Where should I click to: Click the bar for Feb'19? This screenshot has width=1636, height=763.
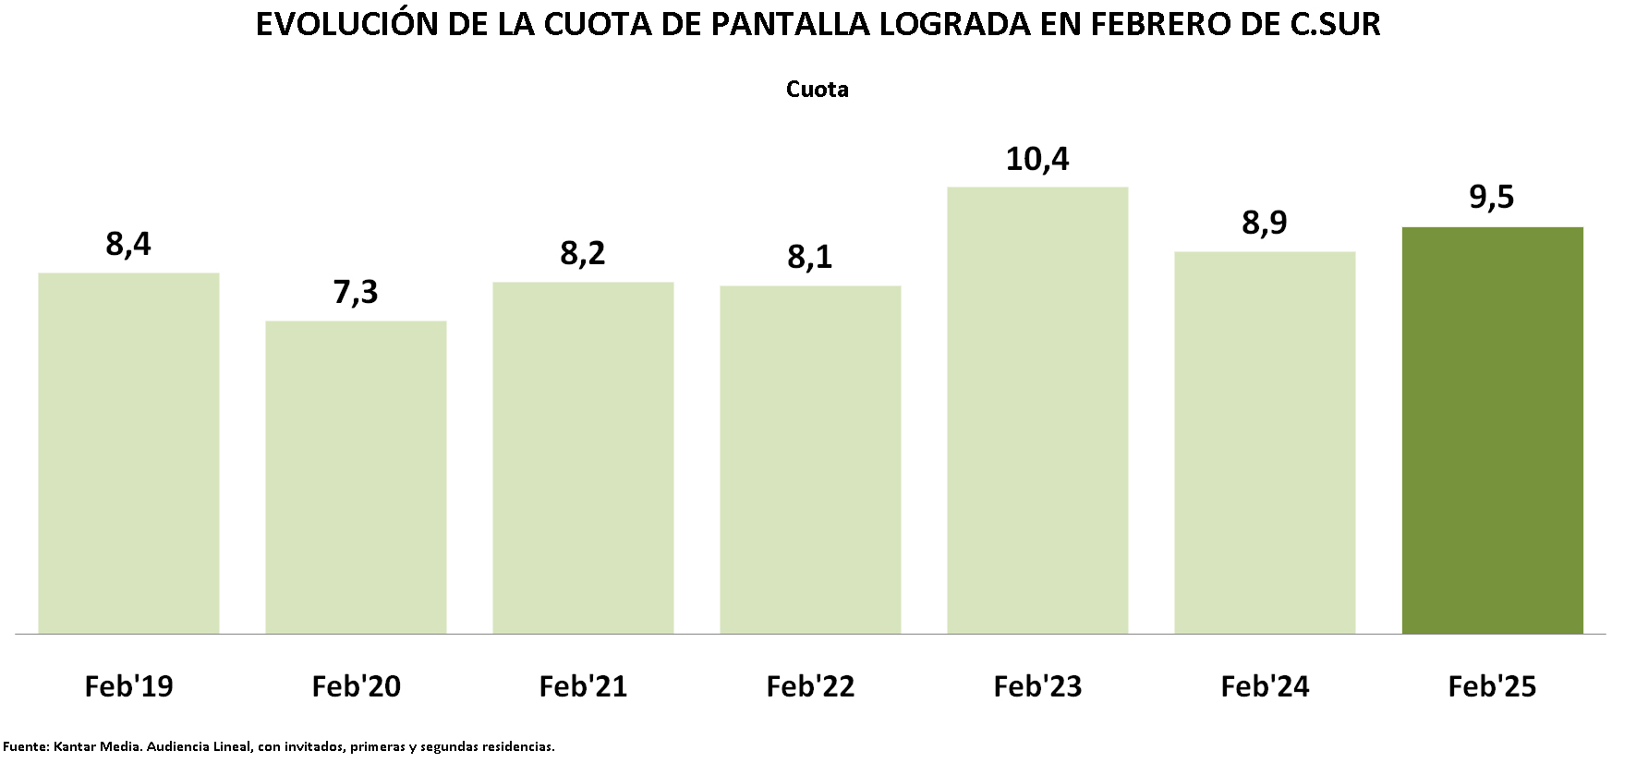128,453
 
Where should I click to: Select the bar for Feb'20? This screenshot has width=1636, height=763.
356,477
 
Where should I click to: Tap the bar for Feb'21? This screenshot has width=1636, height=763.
583,457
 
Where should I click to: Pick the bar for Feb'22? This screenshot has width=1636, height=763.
810,459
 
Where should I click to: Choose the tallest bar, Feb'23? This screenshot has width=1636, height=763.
1037,410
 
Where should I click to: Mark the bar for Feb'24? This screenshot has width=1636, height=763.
1265,442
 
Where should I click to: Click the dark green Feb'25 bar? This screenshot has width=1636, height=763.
1492,430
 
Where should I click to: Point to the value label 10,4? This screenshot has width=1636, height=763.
1037,159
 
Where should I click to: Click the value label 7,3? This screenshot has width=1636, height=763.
356,292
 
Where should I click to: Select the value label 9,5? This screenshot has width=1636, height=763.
1492,197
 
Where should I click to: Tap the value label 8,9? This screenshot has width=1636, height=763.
1265,223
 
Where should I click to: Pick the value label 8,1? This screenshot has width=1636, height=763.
810,256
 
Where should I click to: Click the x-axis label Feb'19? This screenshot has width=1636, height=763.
128,686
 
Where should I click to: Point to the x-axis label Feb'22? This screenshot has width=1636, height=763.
810,686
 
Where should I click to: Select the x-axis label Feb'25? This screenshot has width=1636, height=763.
1492,686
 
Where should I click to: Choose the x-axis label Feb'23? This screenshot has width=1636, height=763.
1037,686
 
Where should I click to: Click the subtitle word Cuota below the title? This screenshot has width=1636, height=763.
818,90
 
